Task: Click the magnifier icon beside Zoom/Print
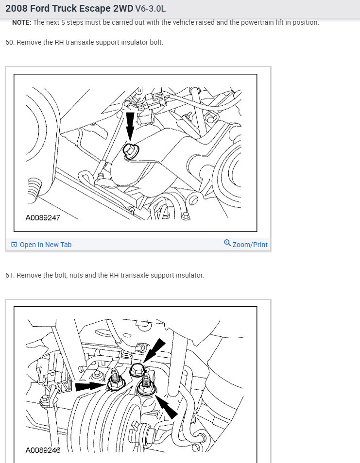coord(227,243)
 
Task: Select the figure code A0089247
coord(43,218)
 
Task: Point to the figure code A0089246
coord(43,450)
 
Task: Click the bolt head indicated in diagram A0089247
coord(130,150)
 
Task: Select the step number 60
coord(9,42)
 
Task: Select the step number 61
coord(9,275)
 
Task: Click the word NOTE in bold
coord(21,22)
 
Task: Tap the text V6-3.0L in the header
coord(151,9)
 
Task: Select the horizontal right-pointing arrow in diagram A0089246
coord(90,386)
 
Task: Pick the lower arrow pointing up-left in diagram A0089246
coord(166,407)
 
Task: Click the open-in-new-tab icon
coord(14,244)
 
